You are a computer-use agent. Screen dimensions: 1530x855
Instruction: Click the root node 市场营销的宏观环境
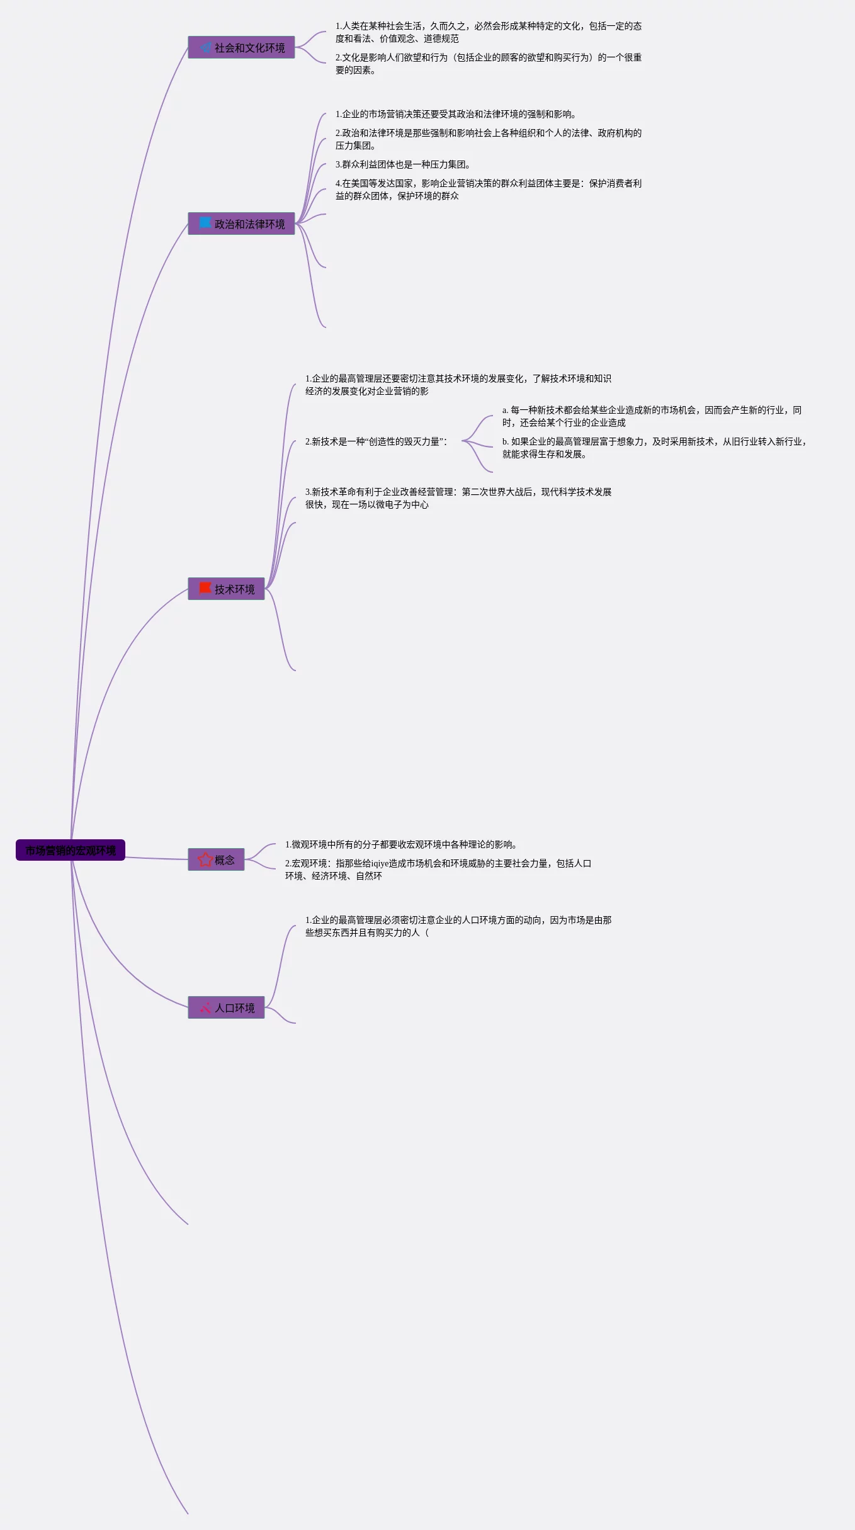pos(71,850)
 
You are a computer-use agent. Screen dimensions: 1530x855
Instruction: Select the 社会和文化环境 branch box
pos(242,47)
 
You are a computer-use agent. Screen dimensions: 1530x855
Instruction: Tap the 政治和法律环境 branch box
pos(242,224)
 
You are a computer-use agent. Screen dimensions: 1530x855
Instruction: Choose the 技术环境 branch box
pos(227,589)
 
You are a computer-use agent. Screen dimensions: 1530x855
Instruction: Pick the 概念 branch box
pos(217,859)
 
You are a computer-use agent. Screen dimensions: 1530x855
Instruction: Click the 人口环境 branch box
pos(227,1007)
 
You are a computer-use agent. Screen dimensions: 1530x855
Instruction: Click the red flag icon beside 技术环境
pos(205,588)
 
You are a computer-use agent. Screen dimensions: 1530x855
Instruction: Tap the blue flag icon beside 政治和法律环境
pos(205,223)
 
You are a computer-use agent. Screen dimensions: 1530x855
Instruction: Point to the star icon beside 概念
pos(205,859)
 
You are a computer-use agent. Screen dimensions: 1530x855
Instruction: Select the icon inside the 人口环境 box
pos(205,1007)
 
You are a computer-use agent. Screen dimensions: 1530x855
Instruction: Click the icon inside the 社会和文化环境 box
pos(205,47)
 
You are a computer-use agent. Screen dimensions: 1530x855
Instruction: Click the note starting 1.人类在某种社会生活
pos(488,32)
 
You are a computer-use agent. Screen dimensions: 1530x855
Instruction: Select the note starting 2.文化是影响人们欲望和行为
pos(488,64)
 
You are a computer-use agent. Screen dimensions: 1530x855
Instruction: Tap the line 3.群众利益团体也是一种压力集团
pos(403,164)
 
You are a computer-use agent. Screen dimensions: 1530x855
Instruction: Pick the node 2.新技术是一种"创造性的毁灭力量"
pos(377,441)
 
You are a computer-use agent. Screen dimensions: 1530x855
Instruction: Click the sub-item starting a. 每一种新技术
pos(652,416)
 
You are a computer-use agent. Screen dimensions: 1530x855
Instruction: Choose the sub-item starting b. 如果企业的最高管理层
pos(654,448)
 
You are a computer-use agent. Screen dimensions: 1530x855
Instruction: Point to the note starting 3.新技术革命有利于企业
pos(458,498)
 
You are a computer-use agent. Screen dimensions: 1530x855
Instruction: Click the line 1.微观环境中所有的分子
pos(401,844)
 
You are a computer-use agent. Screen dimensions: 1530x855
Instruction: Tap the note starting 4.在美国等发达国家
pos(488,190)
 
